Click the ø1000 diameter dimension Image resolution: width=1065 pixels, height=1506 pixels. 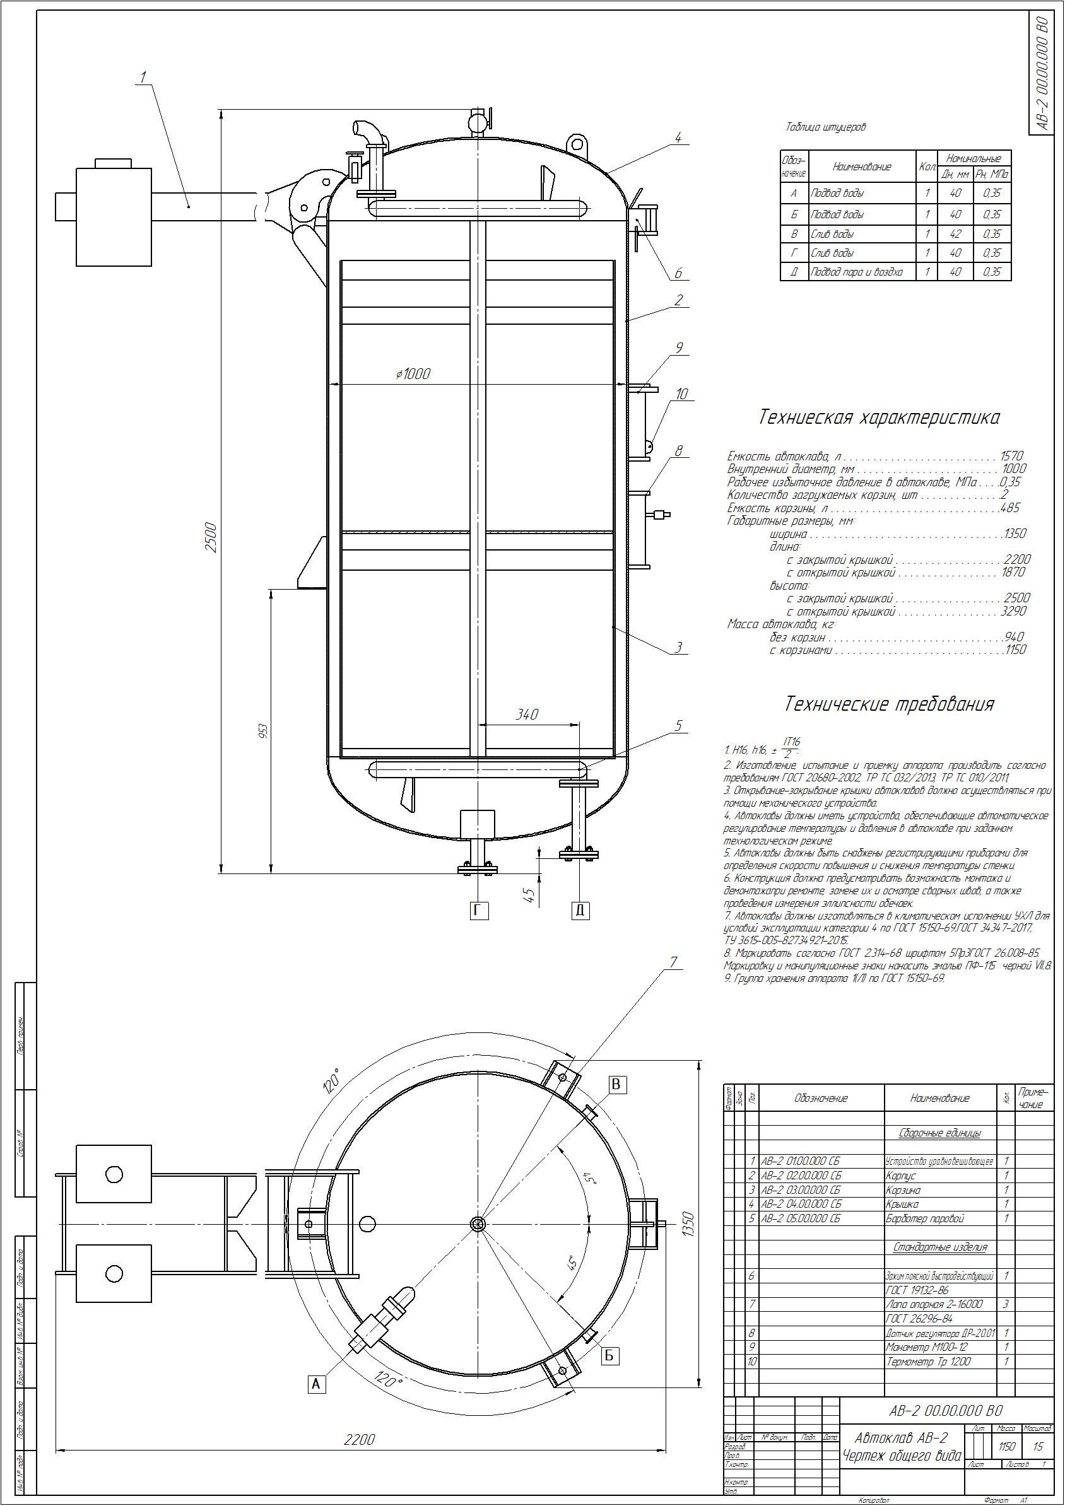413,374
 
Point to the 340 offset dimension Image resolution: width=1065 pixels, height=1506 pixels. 527,715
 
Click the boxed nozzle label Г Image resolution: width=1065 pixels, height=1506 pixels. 479,910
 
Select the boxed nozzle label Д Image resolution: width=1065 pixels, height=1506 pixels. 580,910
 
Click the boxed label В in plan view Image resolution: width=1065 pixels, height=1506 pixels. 616,1084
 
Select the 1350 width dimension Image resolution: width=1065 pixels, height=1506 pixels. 688,1223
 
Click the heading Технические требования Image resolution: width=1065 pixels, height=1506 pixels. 889,704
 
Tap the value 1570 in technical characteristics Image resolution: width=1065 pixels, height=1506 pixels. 1011,456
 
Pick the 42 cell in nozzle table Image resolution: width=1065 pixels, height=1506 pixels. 955,233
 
